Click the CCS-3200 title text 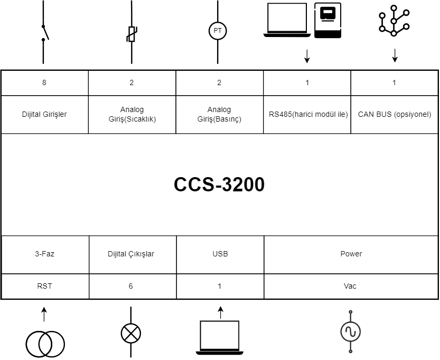[219, 184]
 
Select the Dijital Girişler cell [44, 114]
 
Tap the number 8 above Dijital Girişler [44, 82]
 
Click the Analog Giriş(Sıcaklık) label [132, 114]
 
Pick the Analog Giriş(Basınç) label [219, 114]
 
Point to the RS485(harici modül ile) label [307, 114]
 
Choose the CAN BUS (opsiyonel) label [395, 114]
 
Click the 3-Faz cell [44, 254]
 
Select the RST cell [44, 286]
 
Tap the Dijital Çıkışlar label [131, 254]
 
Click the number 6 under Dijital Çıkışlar [131, 286]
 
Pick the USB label [219, 254]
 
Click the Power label [351, 254]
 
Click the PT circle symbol [218, 31]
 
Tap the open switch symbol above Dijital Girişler [44, 33]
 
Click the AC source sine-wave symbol [350, 331]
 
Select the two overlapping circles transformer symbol [45, 343]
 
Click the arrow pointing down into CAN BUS [395, 56]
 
